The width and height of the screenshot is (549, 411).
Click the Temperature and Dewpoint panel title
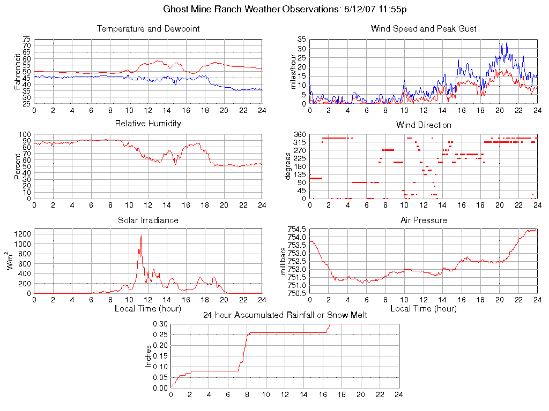[x=148, y=29]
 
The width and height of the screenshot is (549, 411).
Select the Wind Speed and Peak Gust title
[x=424, y=29]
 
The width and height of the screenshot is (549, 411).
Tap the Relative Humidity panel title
[x=148, y=124]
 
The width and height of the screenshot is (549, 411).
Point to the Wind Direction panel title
[x=424, y=125]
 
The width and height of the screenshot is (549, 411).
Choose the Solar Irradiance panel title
[x=148, y=220]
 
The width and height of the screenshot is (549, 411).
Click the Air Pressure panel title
[x=424, y=220]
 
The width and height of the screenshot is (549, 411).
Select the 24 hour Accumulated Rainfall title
[x=285, y=315]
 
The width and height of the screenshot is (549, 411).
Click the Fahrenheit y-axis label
[x=17, y=71]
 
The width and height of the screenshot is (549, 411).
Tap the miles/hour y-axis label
[x=293, y=71]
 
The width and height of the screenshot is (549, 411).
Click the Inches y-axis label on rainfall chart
[x=149, y=356]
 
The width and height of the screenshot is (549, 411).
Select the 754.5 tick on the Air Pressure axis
[x=296, y=229]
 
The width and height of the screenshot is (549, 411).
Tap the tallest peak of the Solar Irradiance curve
[x=141, y=236]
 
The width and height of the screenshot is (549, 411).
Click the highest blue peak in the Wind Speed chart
[x=506, y=42]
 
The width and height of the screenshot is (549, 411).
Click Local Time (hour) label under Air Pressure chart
[x=424, y=309]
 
